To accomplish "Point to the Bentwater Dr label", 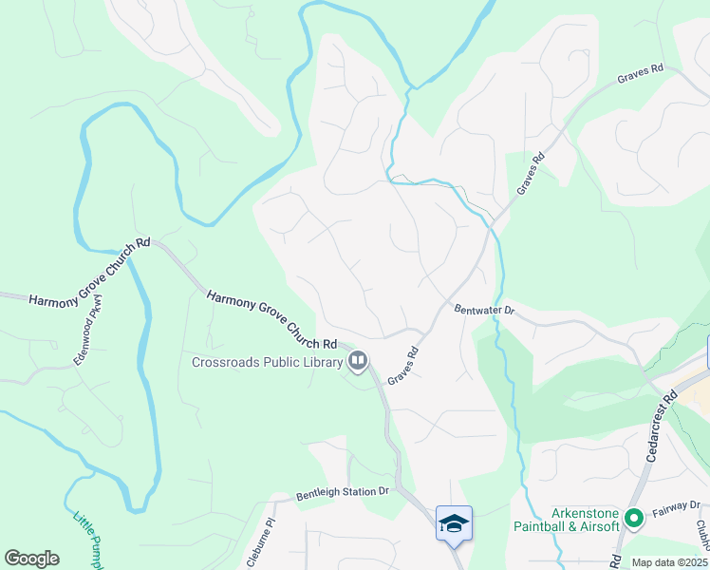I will point(483,310).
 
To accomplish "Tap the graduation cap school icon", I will point(454,522).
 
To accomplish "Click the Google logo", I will point(31,559).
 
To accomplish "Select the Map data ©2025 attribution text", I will point(668,562).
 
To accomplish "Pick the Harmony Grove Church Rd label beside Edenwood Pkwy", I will point(89,272).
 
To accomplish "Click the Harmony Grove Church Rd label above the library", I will point(272,318).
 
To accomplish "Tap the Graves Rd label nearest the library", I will point(402,363).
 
